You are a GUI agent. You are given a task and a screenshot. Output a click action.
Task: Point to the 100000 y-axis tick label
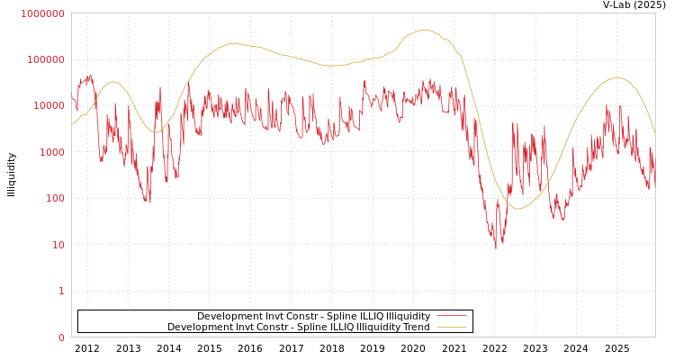[45, 59]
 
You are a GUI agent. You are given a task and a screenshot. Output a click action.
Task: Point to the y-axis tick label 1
[61, 291]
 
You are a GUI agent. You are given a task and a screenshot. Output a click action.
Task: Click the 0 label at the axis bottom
[61, 337]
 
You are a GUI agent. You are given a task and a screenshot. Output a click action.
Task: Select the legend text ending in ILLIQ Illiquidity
[313, 317]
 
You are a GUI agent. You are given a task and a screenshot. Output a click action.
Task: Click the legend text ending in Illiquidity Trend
[298, 328]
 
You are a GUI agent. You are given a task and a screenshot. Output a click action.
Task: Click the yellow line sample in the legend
[451, 328]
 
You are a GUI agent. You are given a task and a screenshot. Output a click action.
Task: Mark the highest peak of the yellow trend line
[425, 30]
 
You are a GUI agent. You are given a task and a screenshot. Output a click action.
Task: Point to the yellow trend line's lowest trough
[517, 209]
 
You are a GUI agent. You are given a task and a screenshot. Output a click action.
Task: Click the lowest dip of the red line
[495, 247]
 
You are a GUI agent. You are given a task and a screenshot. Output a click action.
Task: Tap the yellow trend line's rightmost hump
[616, 77]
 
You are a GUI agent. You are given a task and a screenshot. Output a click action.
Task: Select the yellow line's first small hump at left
[113, 82]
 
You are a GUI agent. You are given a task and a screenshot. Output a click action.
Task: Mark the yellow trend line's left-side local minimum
[156, 133]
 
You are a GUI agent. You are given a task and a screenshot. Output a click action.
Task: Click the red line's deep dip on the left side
[148, 202]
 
